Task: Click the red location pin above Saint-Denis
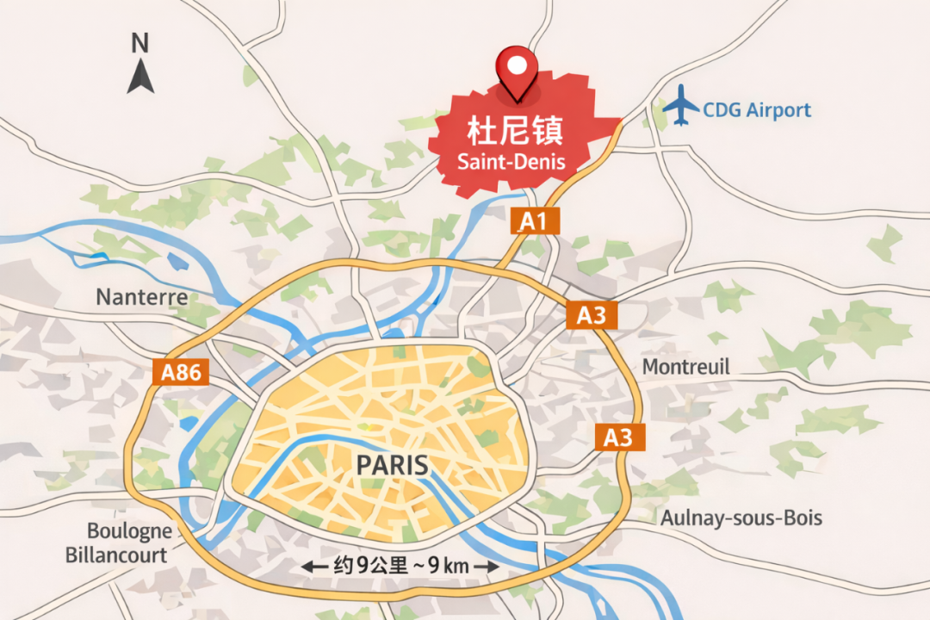[x=517, y=68]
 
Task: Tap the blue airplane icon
[x=682, y=106]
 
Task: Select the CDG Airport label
[x=757, y=110]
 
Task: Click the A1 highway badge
[x=534, y=222]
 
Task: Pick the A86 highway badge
[x=182, y=372]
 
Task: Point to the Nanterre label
[x=141, y=298]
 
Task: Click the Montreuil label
[x=685, y=367]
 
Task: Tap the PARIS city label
[x=393, y=465]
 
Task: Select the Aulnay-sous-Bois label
[x=741, y=518]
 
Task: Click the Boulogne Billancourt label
[x=117, y=543]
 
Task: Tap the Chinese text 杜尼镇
[x=514, y=132]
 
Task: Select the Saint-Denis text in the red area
[x=512, y=161]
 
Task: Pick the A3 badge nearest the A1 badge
[x=591, y=315]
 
